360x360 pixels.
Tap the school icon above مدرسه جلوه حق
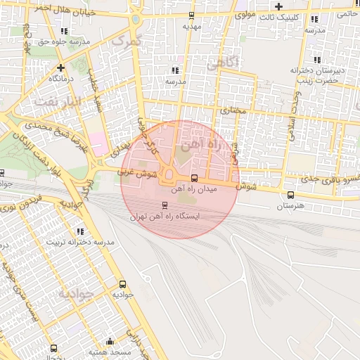[x=65, y=32]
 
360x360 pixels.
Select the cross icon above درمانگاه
[x=62, y=68]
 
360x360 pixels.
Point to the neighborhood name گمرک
[x=127, y=40]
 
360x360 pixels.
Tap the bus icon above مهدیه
[x=192, y=15]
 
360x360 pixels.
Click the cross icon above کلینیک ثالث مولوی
[x=279, y=6]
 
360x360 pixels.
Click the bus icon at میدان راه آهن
[x=195, y=178]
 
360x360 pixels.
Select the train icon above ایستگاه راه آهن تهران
[x=165, y=205]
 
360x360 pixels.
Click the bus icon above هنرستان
[x=291, y=195]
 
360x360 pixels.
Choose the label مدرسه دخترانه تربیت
[x=80, y=242]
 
